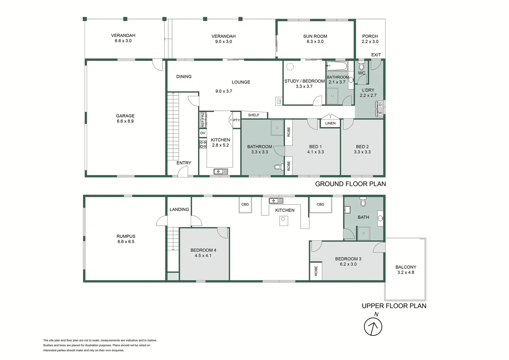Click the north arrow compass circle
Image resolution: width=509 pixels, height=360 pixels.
click(x=373, y=327)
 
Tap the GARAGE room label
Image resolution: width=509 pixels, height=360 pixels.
click(x=125, y=116)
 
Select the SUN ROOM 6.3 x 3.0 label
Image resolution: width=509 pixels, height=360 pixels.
click(x=315, y=39)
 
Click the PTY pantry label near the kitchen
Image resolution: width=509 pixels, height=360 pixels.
click(x=236, y=120)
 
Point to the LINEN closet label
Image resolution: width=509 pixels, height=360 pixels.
click(x=330, y=123)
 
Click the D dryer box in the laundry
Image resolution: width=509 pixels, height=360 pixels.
click(x=380, y=105)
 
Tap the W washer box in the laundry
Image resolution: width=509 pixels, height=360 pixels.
click(x=380, y=113)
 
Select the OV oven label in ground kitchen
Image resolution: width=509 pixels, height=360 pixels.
click(x=203, y=133)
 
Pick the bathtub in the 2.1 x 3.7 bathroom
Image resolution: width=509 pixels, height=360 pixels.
click(x=337, y=65)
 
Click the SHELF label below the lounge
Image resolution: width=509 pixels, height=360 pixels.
click(x=254, y=115)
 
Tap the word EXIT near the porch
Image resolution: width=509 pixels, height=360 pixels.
click(x=376, y=55)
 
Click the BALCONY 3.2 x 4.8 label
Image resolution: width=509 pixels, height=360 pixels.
click(x=406, y=270)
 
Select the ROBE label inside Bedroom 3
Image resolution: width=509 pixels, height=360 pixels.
click(x=316, y=271)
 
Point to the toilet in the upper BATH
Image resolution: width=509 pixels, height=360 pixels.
click(x=363, y=202)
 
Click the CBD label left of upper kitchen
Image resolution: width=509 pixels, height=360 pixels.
click(x=245, y=204)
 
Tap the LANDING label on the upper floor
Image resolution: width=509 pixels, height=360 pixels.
click(x=179, y=209)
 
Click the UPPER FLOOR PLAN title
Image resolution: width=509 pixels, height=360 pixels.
click(x=394, y=306)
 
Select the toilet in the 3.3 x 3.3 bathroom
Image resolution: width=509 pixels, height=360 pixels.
click(x=277, y=167)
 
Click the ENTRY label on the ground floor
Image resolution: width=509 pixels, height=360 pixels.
click(x=184, y=163)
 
